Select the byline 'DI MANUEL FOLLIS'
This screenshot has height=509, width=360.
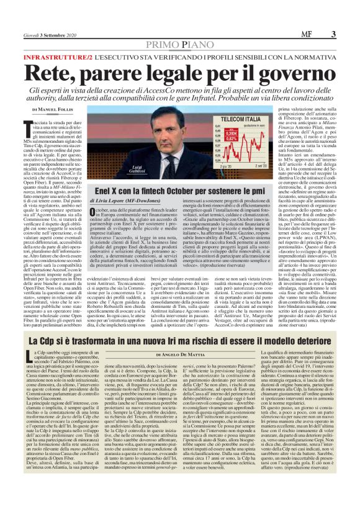click(55, 109)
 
